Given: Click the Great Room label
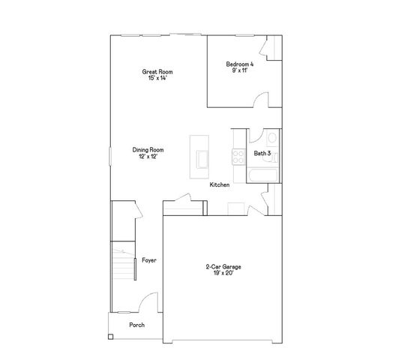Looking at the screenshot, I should click(x=153, y=72).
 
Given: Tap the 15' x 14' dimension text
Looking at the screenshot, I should click(x=153, y=78).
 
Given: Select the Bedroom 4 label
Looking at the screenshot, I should click(x=240, y=64).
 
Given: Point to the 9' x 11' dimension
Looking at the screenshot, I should click(x=240, y=70).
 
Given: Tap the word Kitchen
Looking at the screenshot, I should click(x=220, y=184).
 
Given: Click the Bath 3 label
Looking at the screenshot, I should click(x=262, y=153).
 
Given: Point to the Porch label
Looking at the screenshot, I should click(x=136, y=325).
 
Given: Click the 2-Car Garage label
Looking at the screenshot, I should click(x=223, y=266).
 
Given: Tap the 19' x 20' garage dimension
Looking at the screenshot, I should click(x=223, y=273).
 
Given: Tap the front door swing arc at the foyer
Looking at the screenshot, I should click(x=150, y=303).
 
